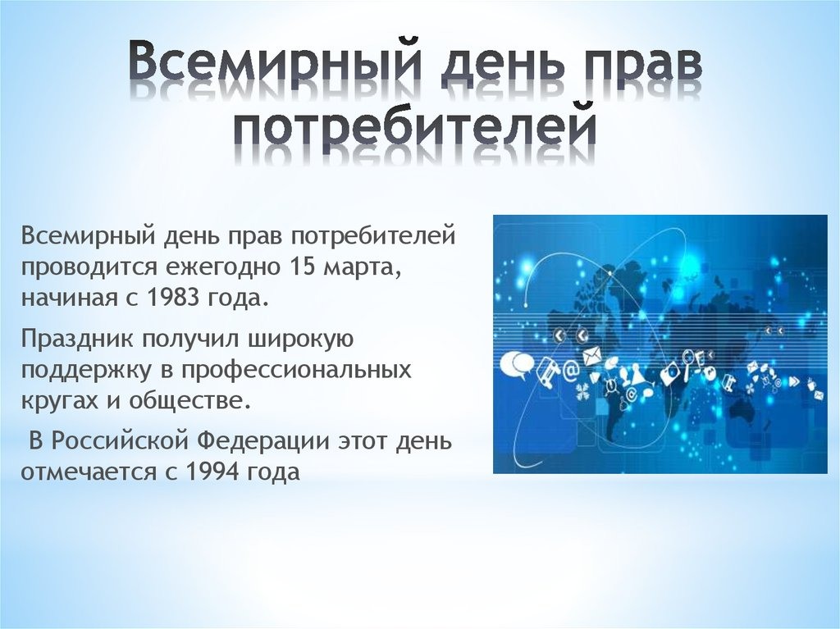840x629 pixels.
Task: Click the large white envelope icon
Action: click(593, 356)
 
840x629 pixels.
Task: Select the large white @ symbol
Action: click(571, 370)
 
